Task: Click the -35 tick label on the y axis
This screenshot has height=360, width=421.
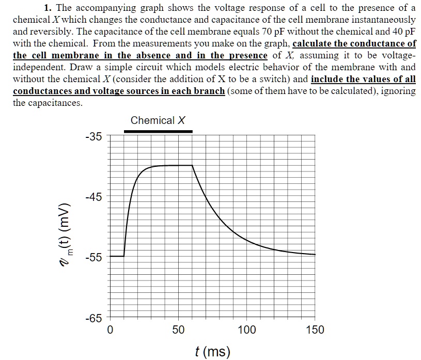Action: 95,137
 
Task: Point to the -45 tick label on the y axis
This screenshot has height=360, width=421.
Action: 95,197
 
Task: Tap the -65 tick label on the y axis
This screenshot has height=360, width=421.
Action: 95,318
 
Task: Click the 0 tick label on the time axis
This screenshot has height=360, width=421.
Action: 110,330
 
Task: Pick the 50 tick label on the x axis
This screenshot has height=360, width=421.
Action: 178,330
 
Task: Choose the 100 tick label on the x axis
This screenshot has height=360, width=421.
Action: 247,330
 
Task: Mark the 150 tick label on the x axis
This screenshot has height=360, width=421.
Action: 315,330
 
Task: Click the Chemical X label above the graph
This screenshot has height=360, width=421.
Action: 158,120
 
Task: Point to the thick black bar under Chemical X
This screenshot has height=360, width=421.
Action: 158,131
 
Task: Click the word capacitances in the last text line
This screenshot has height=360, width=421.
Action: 57,103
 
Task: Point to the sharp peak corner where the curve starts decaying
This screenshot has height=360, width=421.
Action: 193,165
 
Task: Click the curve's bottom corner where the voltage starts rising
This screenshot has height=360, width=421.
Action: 124,256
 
